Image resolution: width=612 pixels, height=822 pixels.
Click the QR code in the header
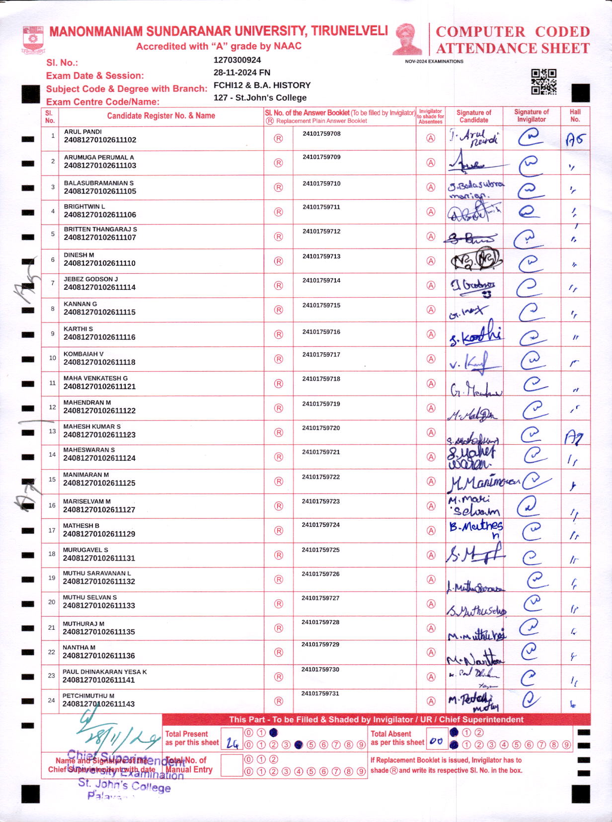[x=543, y=82]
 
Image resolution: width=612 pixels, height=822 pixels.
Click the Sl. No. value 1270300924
[x=237, y=60]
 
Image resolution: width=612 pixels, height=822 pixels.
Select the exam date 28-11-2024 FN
[x=242, y=73]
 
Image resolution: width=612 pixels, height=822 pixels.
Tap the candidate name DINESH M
[x=79, y=255]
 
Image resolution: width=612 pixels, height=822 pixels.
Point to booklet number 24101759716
[x=321, y=332]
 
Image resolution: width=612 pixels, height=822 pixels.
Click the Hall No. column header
[x=575, y=116]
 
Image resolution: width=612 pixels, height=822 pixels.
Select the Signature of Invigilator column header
[x=532, y=116]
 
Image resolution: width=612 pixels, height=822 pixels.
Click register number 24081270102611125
[x=99, y=483]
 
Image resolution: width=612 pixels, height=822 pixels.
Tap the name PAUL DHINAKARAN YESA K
[x=105, y=672]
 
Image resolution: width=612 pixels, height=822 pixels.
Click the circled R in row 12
[x=279, y=408]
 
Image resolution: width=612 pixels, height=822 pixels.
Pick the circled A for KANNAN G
[x=431, y=310]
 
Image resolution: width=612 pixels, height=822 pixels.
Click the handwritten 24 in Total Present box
[x=232, y=743]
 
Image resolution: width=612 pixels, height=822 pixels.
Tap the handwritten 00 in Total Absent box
[x=436, y=741]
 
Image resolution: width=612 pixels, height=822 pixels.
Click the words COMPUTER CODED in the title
[x=513, y=32]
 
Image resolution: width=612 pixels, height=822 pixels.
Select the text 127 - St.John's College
[x=260, y=98]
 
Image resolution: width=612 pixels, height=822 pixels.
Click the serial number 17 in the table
[x=52, y=530]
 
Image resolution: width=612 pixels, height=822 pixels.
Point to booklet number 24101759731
[x=320, y=693]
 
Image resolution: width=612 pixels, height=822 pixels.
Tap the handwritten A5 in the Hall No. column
[x=575, y=140]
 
